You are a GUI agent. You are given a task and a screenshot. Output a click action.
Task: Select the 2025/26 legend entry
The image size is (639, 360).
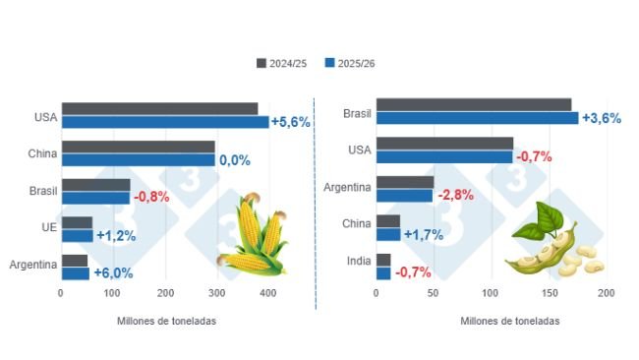350,63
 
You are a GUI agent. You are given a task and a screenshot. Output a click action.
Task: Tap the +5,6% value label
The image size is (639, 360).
291,122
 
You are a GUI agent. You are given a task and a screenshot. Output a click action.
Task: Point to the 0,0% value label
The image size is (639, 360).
234,159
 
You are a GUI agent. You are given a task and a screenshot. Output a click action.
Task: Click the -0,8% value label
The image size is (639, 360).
150,196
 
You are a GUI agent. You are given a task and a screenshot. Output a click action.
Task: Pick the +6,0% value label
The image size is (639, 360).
112,272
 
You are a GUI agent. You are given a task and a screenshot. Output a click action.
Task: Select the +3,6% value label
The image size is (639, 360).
602,118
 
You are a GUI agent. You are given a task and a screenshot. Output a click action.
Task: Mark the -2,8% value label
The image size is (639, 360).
456,196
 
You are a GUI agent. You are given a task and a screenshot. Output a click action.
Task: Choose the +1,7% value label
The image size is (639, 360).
423,234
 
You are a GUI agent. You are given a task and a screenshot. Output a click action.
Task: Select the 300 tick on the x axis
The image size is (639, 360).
217,292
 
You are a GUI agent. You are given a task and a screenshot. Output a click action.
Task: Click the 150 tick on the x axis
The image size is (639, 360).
549,292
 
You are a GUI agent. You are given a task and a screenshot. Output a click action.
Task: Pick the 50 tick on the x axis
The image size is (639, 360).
434,292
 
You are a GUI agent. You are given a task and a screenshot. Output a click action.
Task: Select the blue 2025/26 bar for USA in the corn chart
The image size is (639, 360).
164,122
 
